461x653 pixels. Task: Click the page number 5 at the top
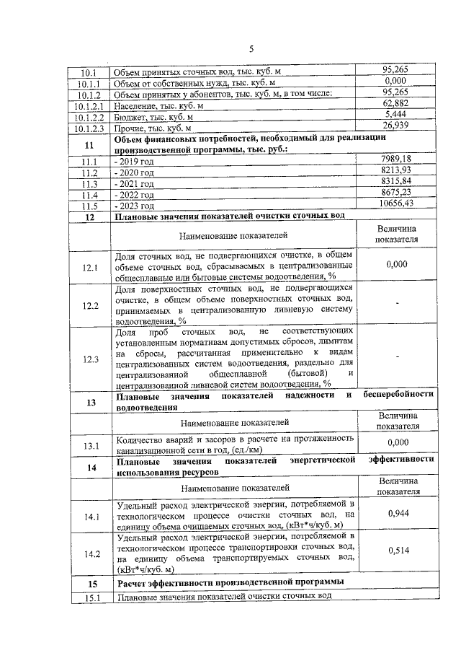click(x=251, y=49)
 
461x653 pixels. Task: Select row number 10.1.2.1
click(x=89, y=106)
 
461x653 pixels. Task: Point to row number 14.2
click(x=90, y=553)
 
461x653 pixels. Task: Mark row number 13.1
click(x=90, y=446)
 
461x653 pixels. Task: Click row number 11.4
click(x=89, y=195)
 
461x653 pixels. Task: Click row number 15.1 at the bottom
click(x=90, y=596)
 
